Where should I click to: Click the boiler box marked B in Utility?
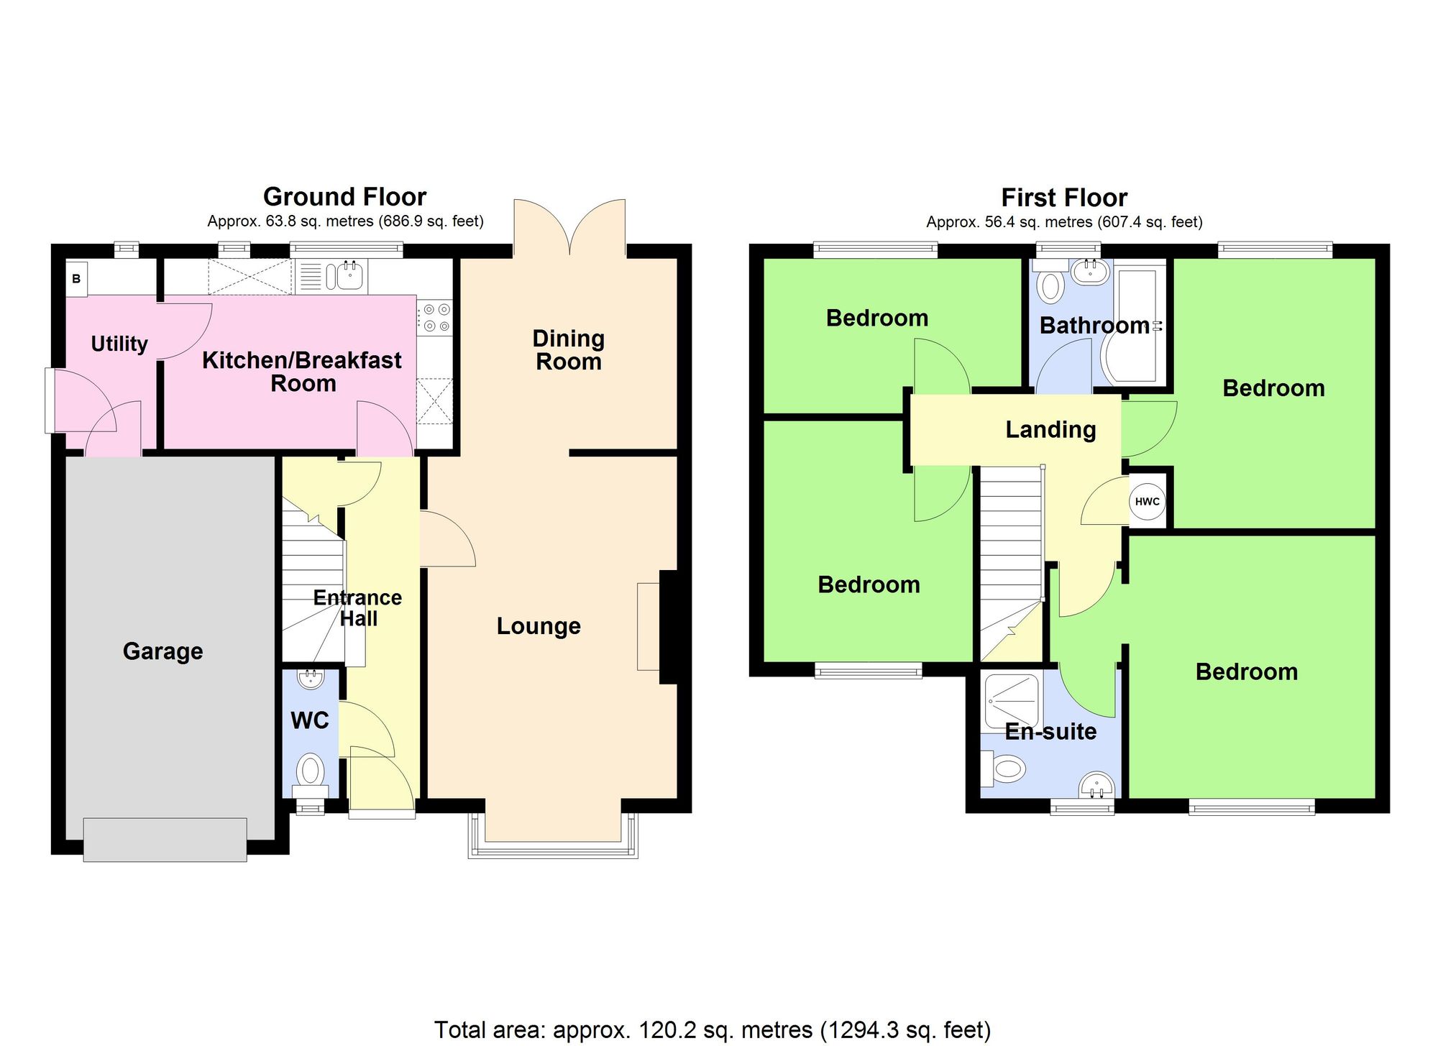[76, 279]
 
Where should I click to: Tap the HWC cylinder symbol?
[1147, 502]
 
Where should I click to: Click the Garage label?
[162, 651]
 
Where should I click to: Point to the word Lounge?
[539, 626]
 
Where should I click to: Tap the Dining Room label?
[568, 350]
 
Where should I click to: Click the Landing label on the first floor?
[1050, 430]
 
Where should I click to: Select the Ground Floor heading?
[344, 197]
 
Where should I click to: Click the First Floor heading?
[1064, 198]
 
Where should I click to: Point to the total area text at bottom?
[712, 1030]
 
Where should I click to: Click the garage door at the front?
[165, 839]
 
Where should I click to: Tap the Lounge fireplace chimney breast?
[669, 627]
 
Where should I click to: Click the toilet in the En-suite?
[1007, 769]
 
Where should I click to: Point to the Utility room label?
[119, 344]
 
